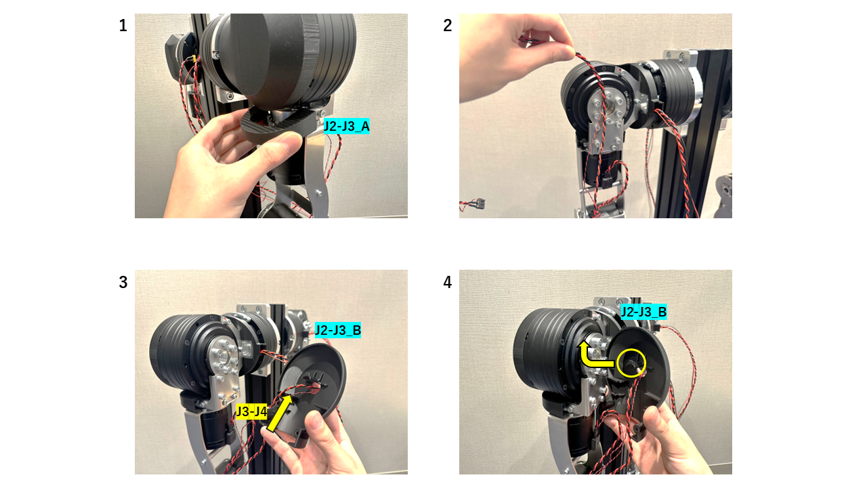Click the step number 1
point(123,26)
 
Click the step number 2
point(447,26)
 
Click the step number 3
point(123,283)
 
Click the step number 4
point(447,283)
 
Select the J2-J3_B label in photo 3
point(337,331)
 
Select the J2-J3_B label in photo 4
point(644,312)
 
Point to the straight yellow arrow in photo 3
point(281,413)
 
